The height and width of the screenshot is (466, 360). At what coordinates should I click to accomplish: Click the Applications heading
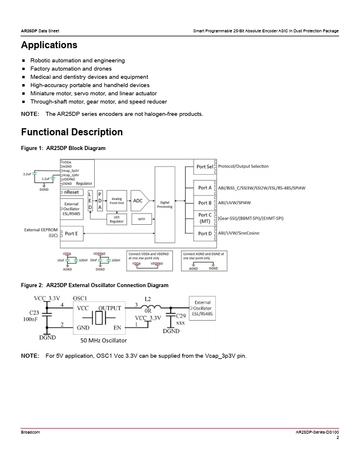click(x=49, y=45)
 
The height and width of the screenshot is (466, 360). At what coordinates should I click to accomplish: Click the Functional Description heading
click(x=72, y=132)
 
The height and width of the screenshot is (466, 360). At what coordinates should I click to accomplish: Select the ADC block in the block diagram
click(x=138, y=201)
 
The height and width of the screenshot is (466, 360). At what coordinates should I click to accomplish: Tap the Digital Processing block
click(x=165, y=204)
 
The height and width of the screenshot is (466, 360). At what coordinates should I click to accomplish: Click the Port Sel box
click(x=205, y=167)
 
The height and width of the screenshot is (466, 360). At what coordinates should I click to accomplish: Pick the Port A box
click(x=205, y=188)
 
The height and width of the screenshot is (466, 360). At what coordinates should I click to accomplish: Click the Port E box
click(x=71, y=234)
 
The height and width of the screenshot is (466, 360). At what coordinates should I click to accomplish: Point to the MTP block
click(x=141, y=219)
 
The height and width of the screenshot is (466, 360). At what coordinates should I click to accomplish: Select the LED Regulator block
click(x=115, y=219)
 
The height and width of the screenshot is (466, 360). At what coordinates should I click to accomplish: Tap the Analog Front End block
click(x=116, y=201)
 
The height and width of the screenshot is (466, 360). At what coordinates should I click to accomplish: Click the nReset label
click(x=72, y=192)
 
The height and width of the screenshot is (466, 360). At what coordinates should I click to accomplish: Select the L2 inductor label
click(x=148, y=299)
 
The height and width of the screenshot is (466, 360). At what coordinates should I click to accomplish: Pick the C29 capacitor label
click(x=181, y=317)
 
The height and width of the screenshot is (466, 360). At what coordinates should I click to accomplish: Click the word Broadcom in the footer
click(x=31, y=432)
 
